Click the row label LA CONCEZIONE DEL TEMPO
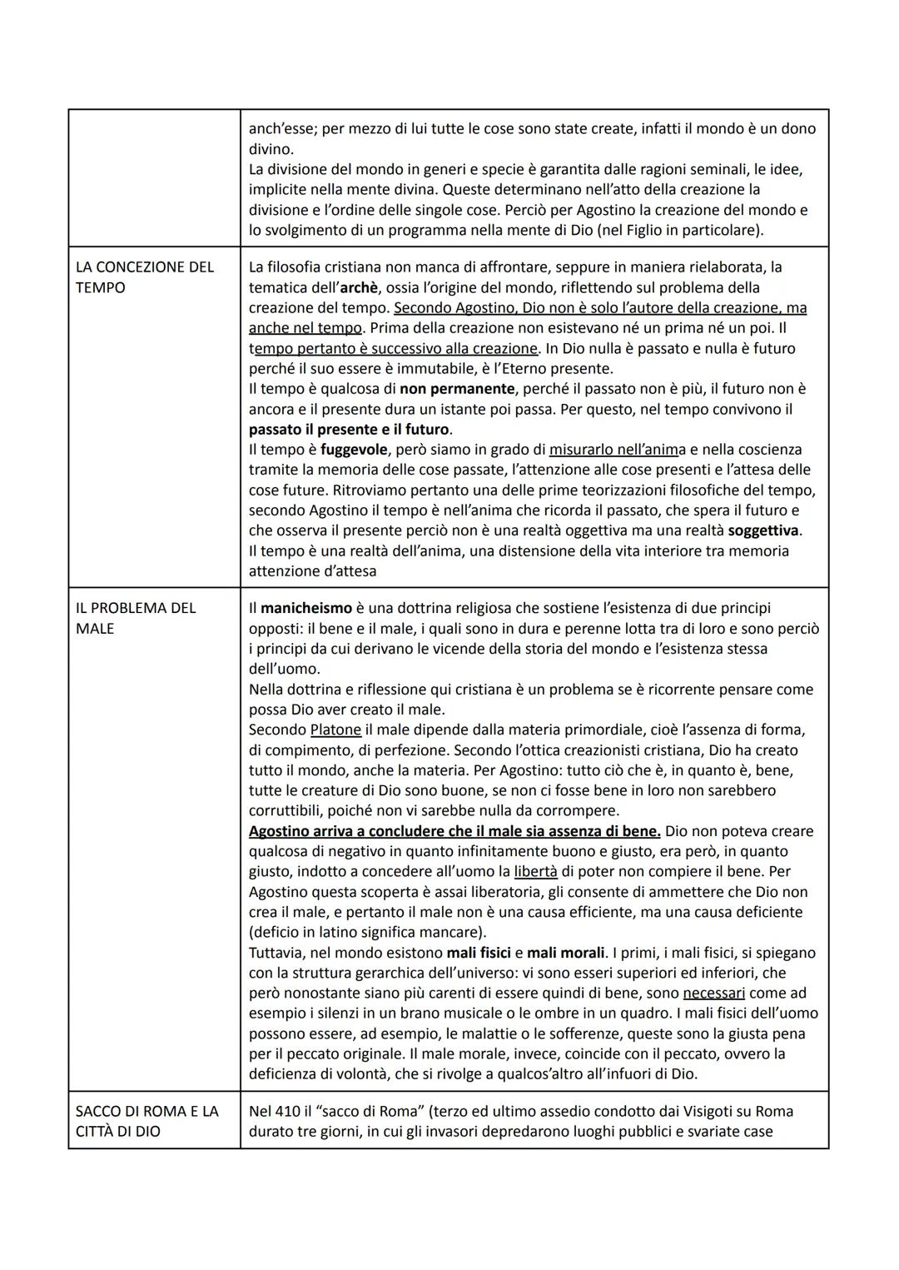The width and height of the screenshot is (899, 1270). pyautogui.click(x=145, y=277)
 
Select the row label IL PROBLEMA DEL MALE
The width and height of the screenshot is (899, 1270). pyautogui.click(x=136, y=618)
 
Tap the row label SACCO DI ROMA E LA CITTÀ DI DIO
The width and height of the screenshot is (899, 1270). pyautogui.click(x=147, y=1121)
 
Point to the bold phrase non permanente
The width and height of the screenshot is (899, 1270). pyautogui.click(x=457, y=389)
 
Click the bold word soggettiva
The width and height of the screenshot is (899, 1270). pyautogui.click(x=763, y=530)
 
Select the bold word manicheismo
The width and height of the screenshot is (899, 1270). pyautogui.click(x=306, y=608)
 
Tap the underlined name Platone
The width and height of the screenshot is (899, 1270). pyautogui.click(x=335, y=730)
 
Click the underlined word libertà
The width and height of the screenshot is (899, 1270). pyautogui.click(x=535, y=871)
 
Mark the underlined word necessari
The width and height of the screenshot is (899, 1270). pyautogui.click(x=713, y=993)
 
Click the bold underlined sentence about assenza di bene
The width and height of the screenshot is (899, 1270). pyautogui.click(x=454, y=831)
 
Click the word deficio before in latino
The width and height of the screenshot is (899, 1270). pyautogui.click(x=281, y=932)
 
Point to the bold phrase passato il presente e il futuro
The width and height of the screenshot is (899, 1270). pyautogui.click(x=350, y=430)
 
